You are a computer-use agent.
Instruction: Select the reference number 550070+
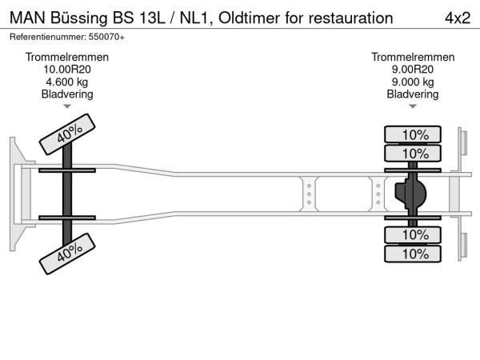tap(106, 37)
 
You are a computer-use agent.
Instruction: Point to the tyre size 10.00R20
tap(67, 70)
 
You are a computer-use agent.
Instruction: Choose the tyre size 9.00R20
tap(413, 70)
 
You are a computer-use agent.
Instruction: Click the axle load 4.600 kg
tap(67, 82)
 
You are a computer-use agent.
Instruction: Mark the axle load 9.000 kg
tap(413, 82)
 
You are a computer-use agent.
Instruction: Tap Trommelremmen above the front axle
tap(67, 58)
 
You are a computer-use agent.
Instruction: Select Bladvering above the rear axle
tap(413, 94)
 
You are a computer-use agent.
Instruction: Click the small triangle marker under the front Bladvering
tap(67, 106)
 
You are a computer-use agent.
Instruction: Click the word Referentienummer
tap(47, 37)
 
